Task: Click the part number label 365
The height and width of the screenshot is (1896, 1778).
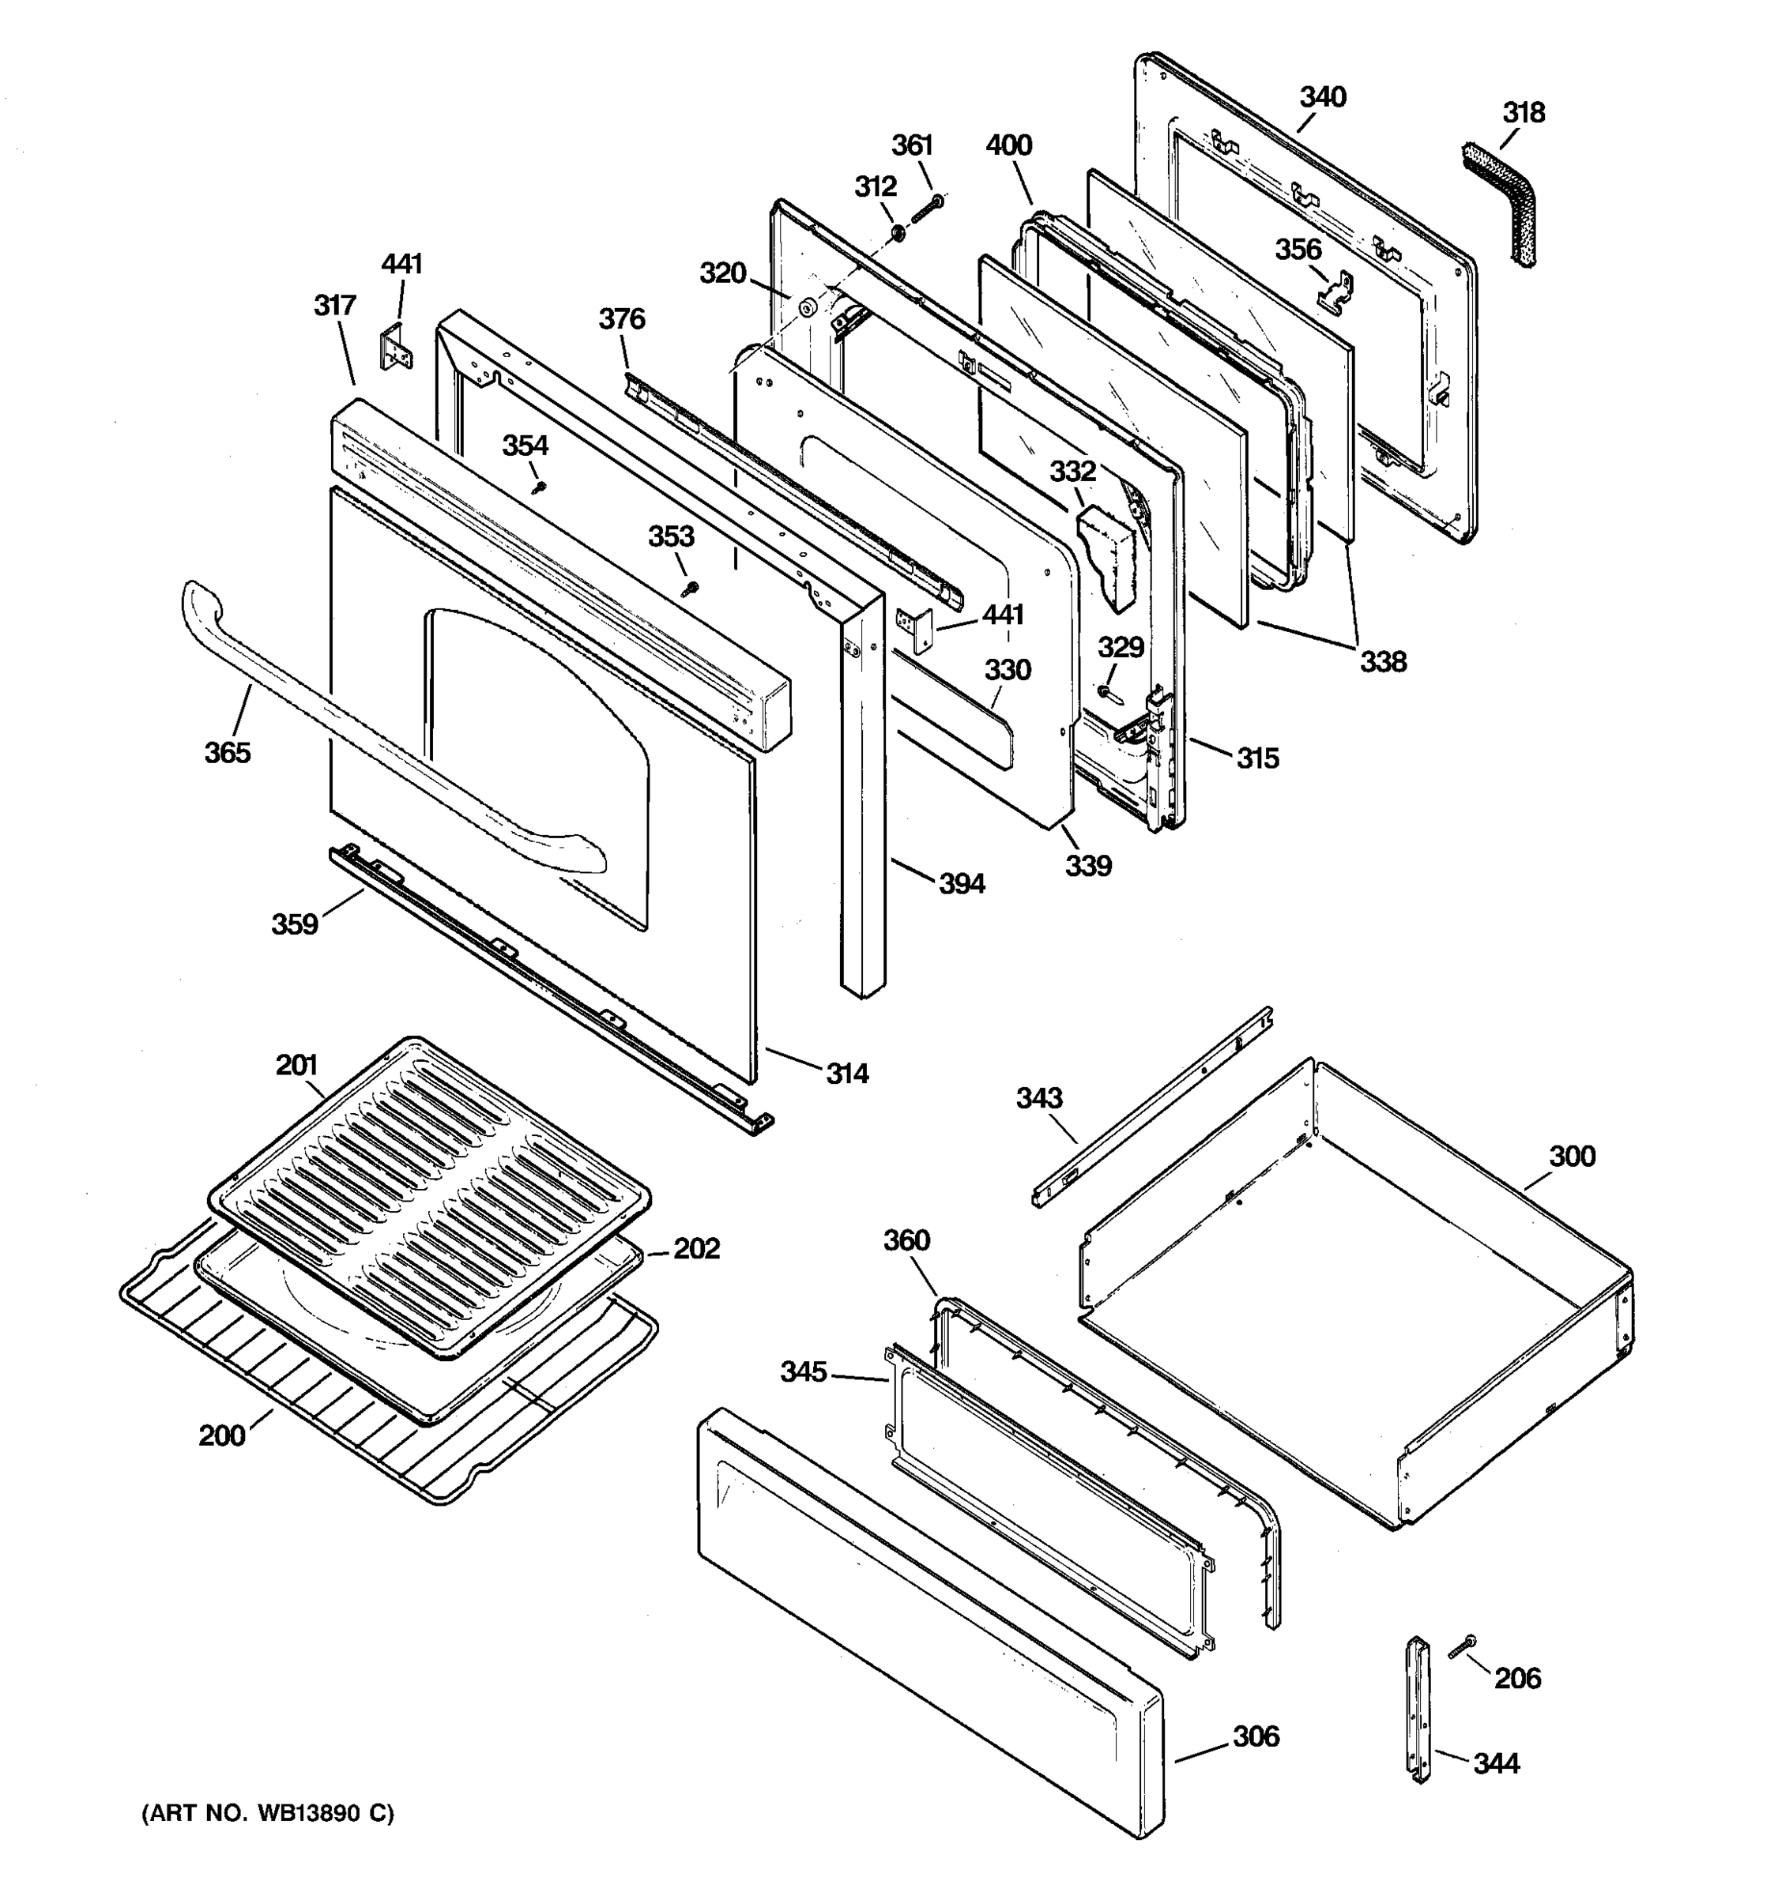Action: tap(227, 753)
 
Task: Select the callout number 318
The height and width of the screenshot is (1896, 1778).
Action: tap(1524, 112)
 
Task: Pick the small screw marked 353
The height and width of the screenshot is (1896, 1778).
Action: tap(691, 589)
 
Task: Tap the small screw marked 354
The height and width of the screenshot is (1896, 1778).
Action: tap(541, 487)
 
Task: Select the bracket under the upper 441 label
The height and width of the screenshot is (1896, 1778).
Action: tap(397, 348)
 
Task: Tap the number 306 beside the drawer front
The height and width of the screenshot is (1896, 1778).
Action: tap(1256, 1736)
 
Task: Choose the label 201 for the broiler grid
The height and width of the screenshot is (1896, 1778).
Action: tap(296, 1064)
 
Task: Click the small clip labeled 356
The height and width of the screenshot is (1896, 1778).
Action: tap(1336, 290)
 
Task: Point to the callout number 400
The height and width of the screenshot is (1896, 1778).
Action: tap(1008, 145)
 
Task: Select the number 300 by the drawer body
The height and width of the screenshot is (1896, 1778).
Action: tap(1571, 1156)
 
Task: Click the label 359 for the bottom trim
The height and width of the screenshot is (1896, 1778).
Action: tap(294, 924)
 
